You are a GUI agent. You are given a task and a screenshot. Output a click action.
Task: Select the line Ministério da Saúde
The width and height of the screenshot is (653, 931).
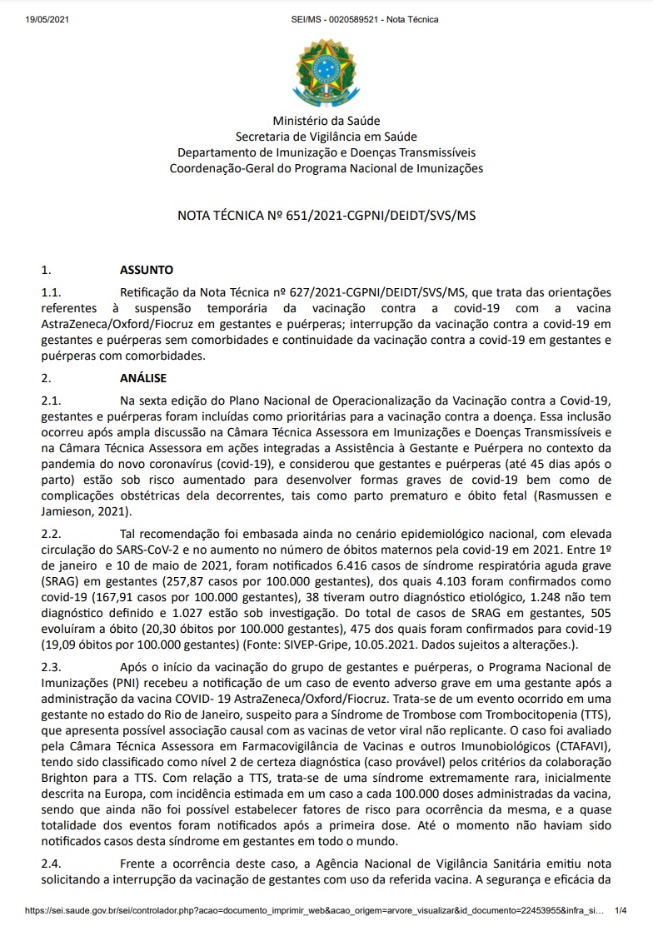coord(326,122)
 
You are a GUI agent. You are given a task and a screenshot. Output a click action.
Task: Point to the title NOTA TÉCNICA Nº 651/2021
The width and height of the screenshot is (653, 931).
coord(326,215)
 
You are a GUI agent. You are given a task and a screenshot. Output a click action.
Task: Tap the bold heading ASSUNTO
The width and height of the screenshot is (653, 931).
coord(147,270)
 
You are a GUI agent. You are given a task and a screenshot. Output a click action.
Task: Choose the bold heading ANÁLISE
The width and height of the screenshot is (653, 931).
coord(143,377)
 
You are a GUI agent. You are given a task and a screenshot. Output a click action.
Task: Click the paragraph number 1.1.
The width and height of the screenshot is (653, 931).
coord(52,292)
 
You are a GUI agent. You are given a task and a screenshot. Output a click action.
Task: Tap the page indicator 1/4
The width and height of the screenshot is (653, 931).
coord(621,912)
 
